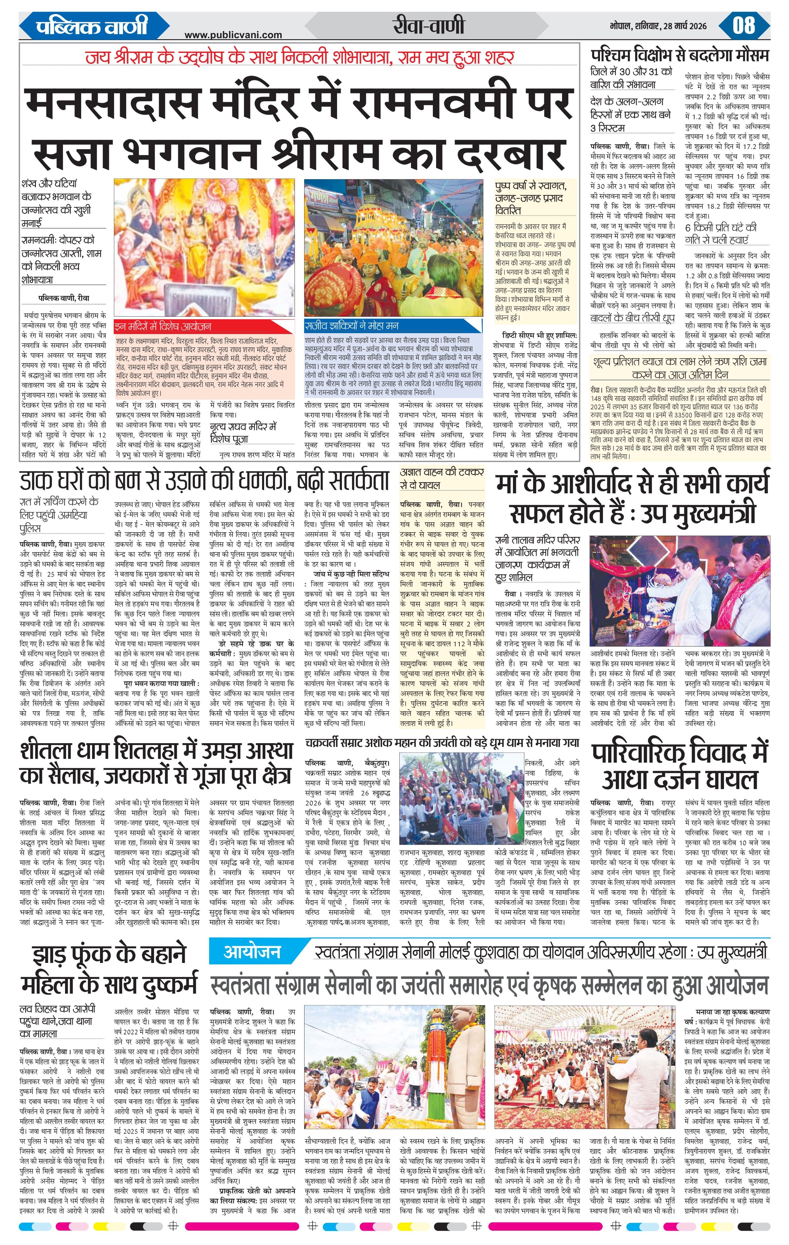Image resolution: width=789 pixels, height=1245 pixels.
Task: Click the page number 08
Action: click(743, 26)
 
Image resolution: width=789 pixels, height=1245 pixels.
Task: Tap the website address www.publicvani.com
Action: click(233, 35)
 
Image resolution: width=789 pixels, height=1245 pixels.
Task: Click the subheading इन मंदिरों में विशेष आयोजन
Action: click(163, 326)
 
